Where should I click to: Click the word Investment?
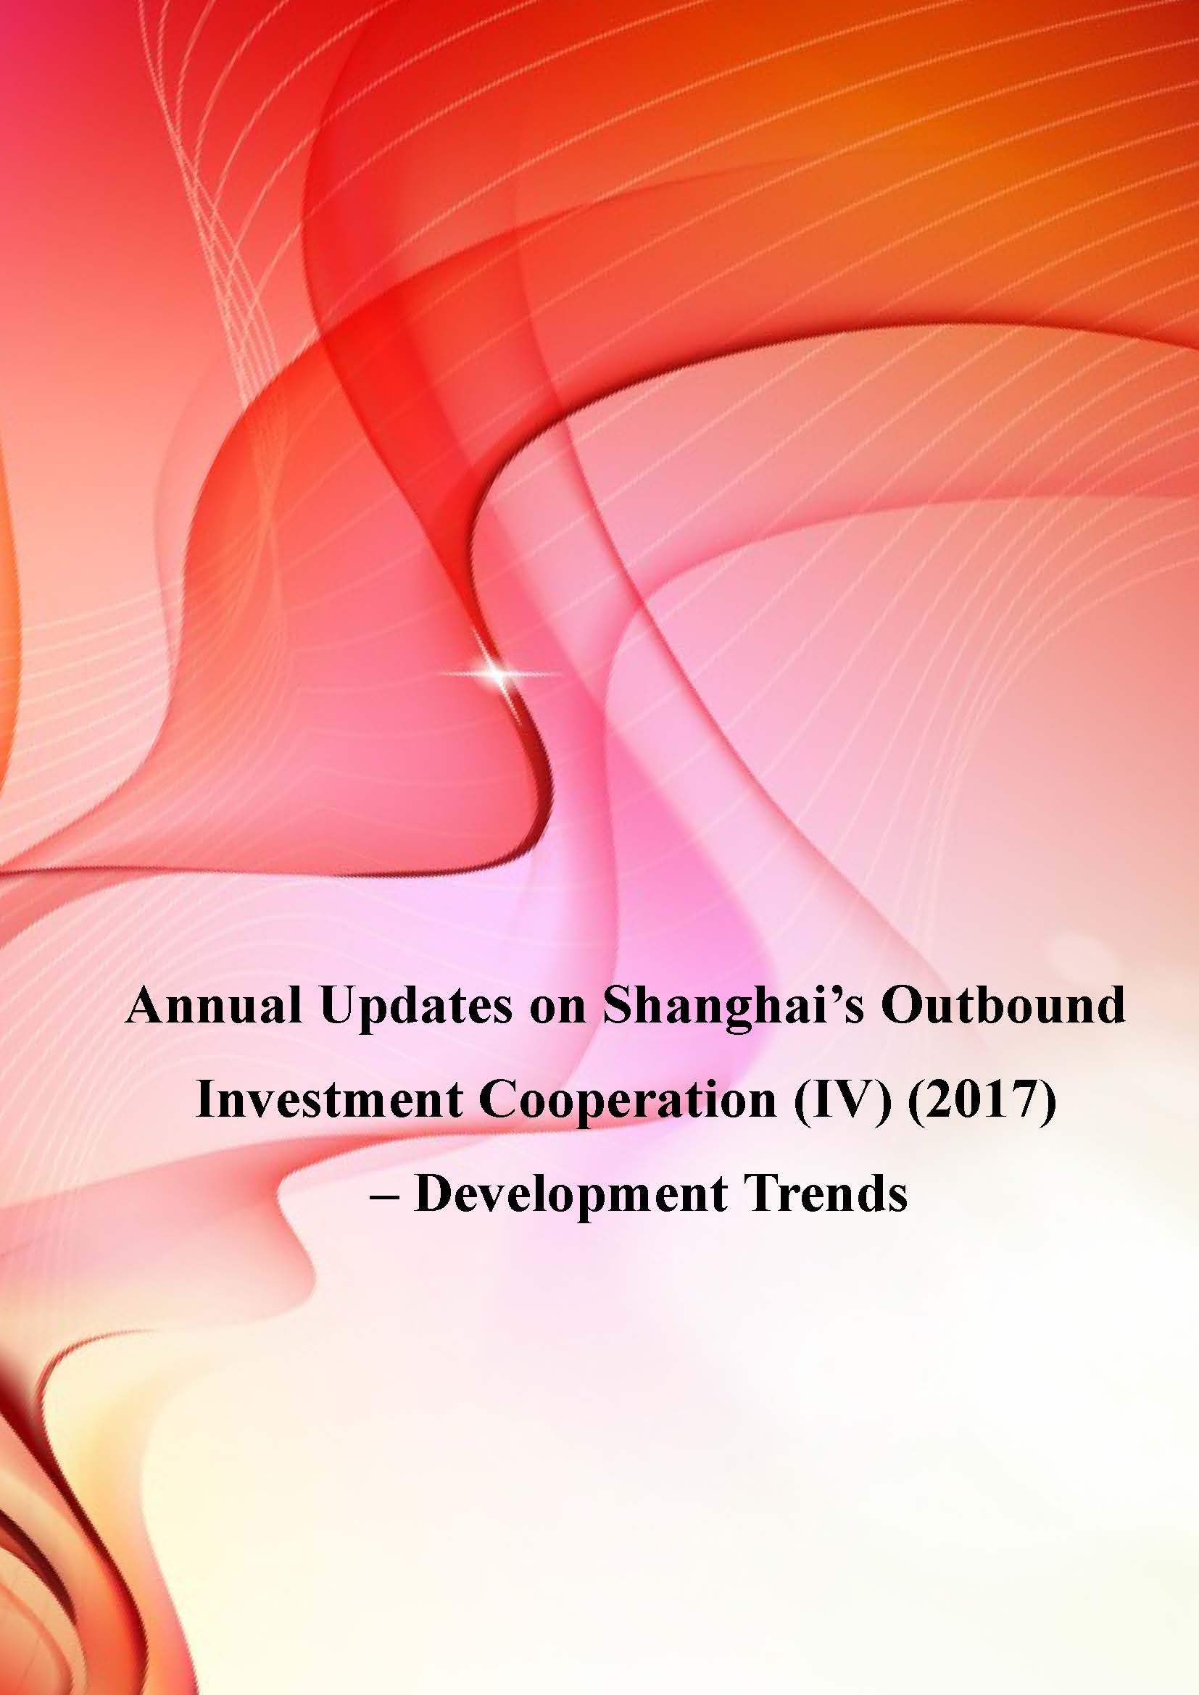[x=328, y=1099]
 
